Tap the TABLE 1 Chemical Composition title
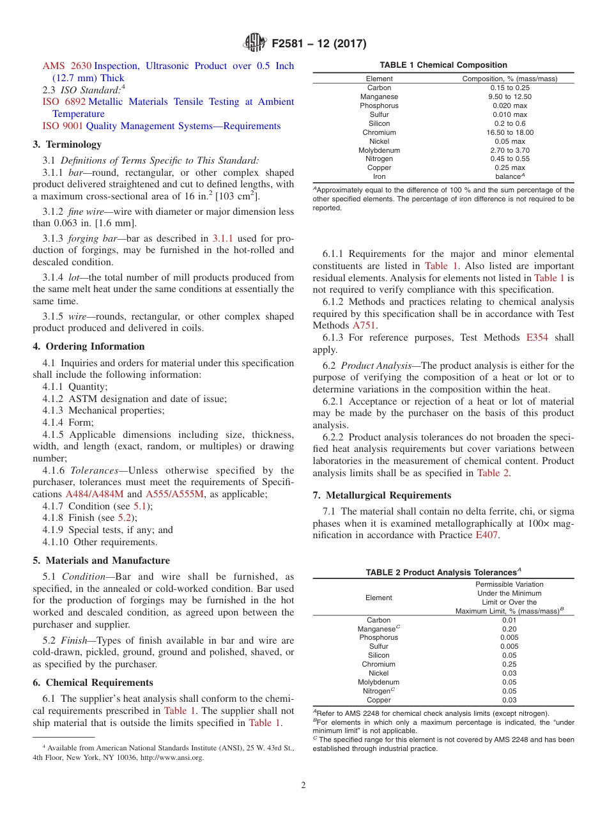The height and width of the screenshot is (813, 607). click(443, 65)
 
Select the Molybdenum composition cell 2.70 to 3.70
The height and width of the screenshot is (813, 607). click(509, 150)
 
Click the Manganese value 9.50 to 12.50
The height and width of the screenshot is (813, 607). click(509, 97)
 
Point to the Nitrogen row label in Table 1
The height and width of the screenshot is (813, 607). click(379, 159)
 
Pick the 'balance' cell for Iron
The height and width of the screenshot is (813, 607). click(509, 177)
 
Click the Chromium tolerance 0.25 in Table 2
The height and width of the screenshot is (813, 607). click(509, 665)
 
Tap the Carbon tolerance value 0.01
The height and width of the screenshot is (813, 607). click(509, 620)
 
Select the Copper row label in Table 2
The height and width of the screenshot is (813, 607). click(379, 701)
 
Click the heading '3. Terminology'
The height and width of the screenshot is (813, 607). click(67, 144)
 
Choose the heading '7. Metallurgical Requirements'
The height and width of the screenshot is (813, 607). click(381, 495)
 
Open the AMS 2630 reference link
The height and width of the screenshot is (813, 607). click(67, 66)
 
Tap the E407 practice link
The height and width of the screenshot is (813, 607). click(487, 536)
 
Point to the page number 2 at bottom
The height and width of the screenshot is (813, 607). click(303, 786)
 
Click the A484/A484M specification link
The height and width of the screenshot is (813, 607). click(95, 494)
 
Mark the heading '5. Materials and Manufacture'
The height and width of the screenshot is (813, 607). click(101, 561)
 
